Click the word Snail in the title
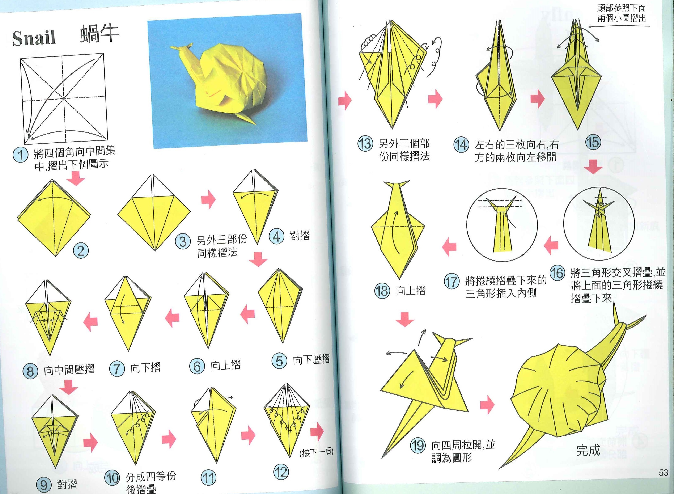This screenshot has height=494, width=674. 34,38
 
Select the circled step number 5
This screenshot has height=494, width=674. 279,361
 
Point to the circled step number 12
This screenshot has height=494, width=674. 281,472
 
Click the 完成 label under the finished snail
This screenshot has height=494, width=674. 588,450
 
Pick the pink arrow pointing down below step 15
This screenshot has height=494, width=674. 593,166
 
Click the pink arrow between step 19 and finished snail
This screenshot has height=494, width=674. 487,405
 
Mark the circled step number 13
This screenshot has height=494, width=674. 365,144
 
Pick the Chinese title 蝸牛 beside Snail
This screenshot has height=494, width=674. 99,34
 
